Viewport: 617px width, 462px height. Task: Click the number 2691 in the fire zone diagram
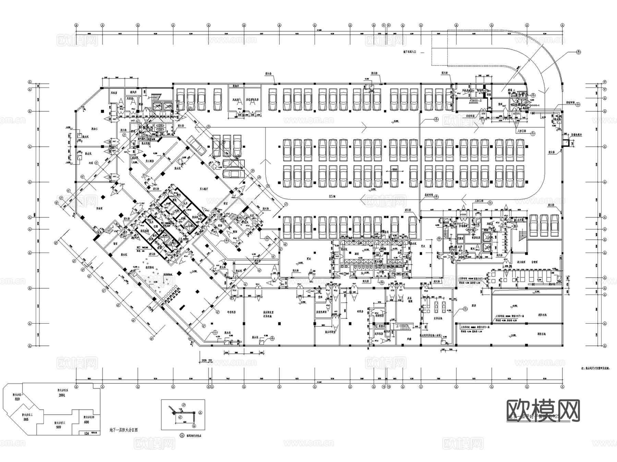tap(62, 395)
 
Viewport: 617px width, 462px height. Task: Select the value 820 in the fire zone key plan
tap(17, 399)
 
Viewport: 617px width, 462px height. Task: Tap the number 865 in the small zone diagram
tap(26, 419)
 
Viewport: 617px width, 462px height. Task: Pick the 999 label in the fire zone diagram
tap(59, 427)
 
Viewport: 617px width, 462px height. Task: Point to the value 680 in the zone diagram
tap(86, 422)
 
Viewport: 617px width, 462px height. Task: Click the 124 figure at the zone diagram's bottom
tap(86, 434)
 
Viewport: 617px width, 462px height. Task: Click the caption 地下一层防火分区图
tap(123, 430)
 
